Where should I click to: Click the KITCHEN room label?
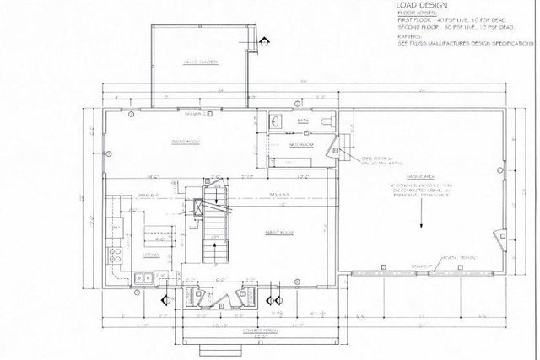pyautogui.click(x=151, y=255)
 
